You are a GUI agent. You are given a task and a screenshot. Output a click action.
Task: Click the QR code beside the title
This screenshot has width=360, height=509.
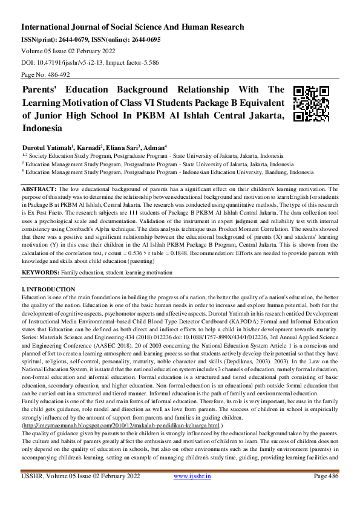click(x=311, y=103)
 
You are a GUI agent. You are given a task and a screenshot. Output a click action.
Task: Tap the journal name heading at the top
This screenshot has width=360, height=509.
click(x=133, y=27)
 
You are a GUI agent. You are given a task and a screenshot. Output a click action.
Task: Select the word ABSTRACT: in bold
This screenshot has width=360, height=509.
click(x=38, y=189)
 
